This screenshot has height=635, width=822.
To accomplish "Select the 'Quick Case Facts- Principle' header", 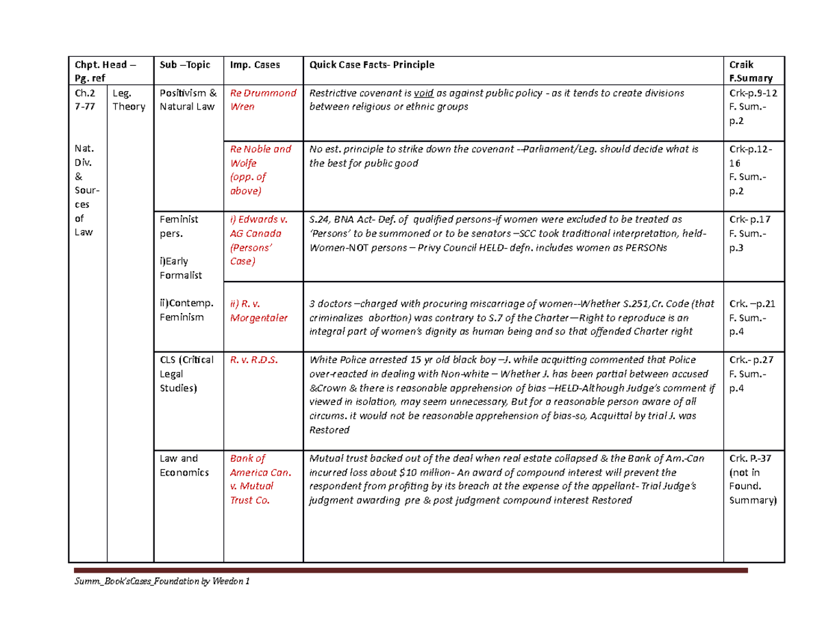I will point(372,65).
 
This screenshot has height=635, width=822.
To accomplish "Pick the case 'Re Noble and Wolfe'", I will point(261,170).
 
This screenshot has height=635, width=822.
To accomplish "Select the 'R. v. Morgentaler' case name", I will point(259,310).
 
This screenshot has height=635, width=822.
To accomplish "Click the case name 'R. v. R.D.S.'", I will point(254,360).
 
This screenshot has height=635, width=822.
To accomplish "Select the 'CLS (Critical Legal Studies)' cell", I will point(186,374).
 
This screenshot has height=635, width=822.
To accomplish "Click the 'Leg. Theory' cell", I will point(129,99).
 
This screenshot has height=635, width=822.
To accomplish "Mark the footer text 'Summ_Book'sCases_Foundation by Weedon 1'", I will point(163,582).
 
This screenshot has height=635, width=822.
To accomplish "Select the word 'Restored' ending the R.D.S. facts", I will point(329,431).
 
